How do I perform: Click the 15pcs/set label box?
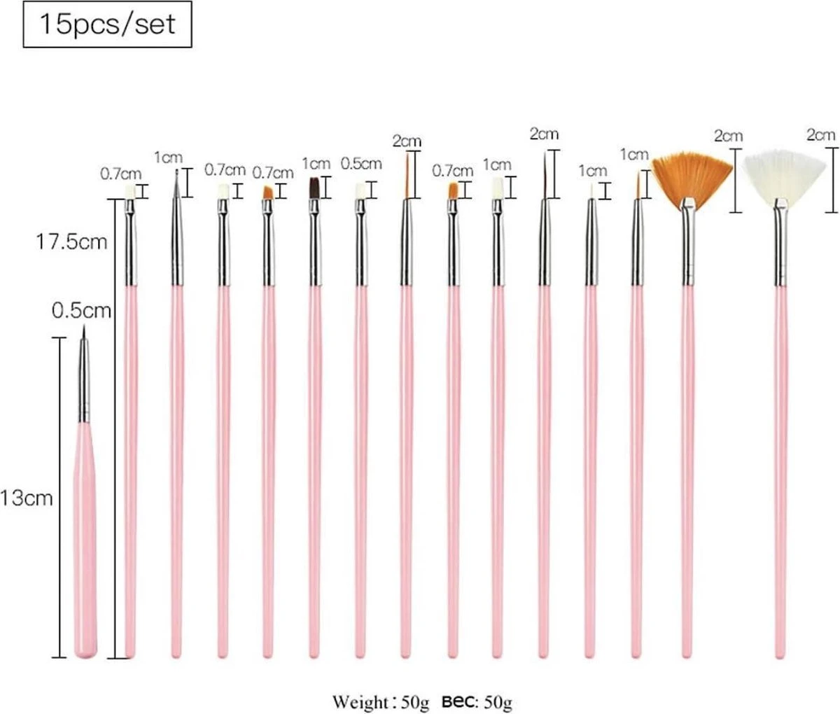[107, 24]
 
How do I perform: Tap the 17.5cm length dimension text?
[72, 242]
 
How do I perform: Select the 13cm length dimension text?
[27, 498]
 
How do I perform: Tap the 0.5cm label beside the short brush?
[82, 310]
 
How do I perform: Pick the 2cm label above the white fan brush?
[820, 134]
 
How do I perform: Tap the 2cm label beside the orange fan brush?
[728, 136]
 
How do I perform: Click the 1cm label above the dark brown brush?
[316, 164]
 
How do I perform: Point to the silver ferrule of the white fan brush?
[780, 245]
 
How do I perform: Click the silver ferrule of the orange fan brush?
[689, 245]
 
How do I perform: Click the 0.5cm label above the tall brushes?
[361, 164]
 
